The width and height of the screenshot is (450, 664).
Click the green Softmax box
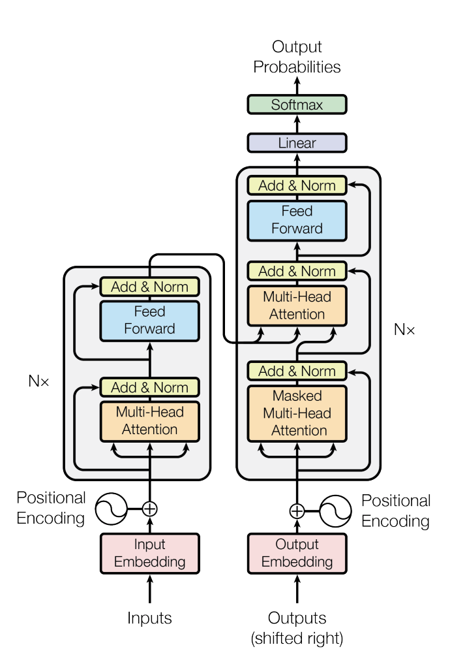click(x=297, y=104)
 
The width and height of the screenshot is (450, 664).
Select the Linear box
click(x=297, y=143)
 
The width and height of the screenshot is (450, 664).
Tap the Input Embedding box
click(x=149, y=553)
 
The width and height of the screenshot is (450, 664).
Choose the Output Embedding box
click(x=297, y=553)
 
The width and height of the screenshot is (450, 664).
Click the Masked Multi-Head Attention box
click(x=297, y=413)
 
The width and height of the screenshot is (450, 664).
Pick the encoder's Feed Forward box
click(x=149, y=320)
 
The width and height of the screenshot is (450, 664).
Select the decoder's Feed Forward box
click(x=297, y=220)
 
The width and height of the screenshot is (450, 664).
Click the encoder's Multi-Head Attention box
click(x=149, y=421)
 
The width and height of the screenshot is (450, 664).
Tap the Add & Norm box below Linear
click(x=297, y=185)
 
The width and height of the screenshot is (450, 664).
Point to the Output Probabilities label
click(x=297, y=57)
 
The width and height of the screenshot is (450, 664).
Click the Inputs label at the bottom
click(x=149, y=618)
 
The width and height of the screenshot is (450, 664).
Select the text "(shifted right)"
click(x=297, y=638)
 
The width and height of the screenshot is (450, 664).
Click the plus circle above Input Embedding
click(x=150, y=508)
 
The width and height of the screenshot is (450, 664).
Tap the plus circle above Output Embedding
click(x=297, y=511)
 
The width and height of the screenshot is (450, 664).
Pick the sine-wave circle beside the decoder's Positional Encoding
click(x=337, y=511)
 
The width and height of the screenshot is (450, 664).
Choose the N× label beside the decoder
click(x=404, y=330)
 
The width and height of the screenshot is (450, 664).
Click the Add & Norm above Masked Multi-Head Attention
click(x=297, y=371)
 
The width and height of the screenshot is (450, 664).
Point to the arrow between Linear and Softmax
click(x=297, y=124)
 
